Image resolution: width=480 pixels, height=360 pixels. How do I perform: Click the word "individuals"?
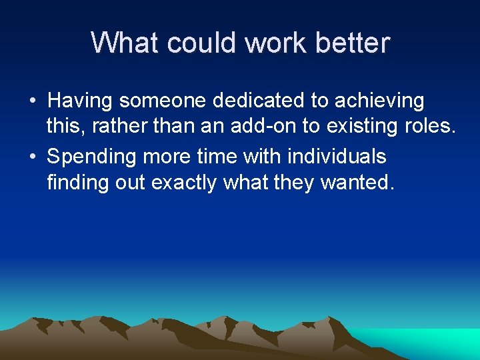(337, 157)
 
